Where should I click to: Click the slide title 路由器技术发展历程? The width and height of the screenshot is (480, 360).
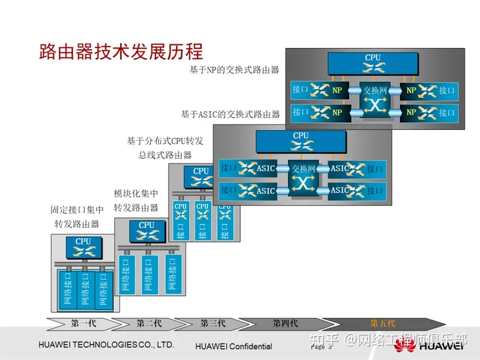tap(121, 51)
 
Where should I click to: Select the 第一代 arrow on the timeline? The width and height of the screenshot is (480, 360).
tap(83, 323)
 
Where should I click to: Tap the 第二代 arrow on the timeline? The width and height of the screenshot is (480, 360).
tap(149, 323)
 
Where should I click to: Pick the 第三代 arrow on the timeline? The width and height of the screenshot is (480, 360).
tap(213, 323)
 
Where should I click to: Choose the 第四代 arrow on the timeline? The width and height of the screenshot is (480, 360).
tap(285, 323)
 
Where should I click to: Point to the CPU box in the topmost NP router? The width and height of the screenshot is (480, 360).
tap(373, 63)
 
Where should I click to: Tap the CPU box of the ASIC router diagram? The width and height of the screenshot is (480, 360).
tap(301, 141)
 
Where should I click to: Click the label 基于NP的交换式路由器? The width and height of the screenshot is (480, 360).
tap(233, 69)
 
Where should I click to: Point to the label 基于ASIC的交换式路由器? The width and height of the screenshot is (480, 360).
tap(230, 114)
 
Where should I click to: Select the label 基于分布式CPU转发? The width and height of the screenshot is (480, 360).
tap(165, 141)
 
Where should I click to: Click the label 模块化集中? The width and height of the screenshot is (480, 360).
tap(136, 194)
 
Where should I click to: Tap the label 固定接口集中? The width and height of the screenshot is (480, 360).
tap(77, 210)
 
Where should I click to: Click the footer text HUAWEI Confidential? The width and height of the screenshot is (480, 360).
tap(234, 346)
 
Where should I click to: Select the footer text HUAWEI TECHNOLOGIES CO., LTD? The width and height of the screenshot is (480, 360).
tap(106, 345)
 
